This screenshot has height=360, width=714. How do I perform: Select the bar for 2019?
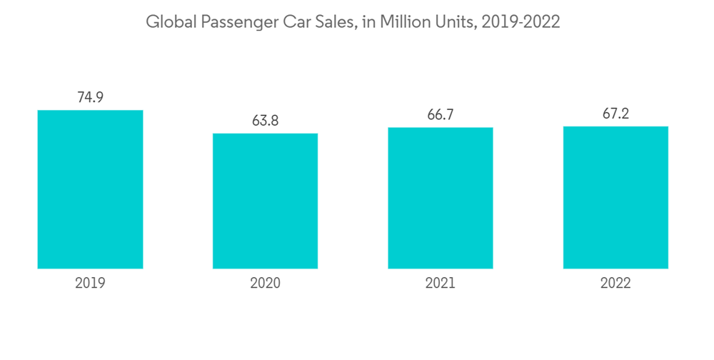[90, 189]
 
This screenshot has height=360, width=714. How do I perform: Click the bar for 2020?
[265, 201]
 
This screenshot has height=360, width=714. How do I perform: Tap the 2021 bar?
[441, 198]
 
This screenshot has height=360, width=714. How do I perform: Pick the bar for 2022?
[615, 197]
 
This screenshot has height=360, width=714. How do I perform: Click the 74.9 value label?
[90, 97]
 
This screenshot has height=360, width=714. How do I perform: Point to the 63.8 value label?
[265, 121]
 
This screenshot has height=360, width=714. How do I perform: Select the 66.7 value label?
[441, 114]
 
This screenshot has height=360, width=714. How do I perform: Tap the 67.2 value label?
[615, 114]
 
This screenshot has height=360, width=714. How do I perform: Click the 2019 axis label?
[90, 283]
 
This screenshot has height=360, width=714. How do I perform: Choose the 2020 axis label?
[265, 283]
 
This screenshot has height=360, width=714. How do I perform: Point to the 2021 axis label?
[441, 283]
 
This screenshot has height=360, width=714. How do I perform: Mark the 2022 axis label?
[615, 283]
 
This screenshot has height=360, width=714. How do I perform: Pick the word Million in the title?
[406, 22]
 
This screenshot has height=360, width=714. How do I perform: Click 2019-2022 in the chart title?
[521, 22]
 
